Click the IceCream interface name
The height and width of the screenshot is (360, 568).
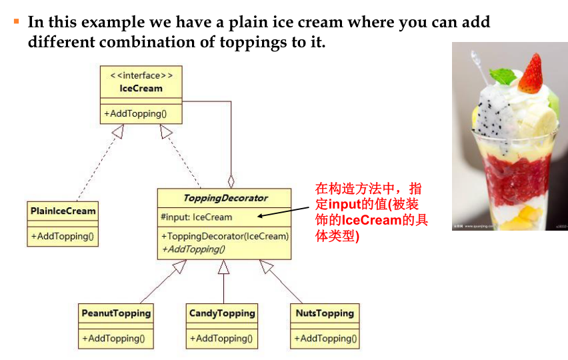click(x=141, y=87)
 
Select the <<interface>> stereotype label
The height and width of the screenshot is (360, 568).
click(x=141, y=75)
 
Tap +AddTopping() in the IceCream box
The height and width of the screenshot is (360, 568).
click(x=134, y=113)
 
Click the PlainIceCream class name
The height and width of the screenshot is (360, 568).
click(x=63, y=211)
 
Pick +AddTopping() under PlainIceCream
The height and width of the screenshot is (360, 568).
click(x=62, y=236)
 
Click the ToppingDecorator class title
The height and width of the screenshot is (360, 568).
click(x=225, y=198)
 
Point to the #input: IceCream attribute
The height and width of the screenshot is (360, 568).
click(x=197, y=217)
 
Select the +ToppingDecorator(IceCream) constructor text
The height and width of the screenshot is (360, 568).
click(x=225, y=236)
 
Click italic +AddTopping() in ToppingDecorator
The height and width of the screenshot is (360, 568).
click(x=193, y=249)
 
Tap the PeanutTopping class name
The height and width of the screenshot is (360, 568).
click(x=117, y=313)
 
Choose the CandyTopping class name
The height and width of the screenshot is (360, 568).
click(x=222, y=313)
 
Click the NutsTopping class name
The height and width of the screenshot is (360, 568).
click(x=325, y=313)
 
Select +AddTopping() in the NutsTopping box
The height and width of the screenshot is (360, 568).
click(x=325, y=338)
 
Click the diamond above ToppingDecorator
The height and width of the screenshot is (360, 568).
click(x=231, y=180)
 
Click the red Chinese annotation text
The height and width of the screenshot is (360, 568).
click(x=371, y=212)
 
